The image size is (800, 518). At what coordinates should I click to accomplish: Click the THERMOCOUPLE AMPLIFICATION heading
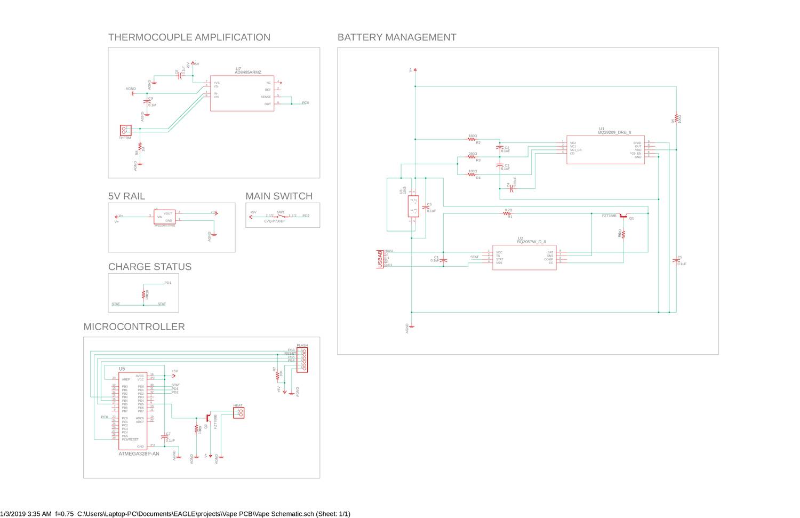(x=189, y=37)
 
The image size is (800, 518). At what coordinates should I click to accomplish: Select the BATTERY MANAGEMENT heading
(x=397, y=37)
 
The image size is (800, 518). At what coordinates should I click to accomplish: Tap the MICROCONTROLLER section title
(x=134, y=326)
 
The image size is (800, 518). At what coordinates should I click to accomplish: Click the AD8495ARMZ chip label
(x=248, y=72)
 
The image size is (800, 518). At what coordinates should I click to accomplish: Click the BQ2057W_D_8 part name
(x=531, y=242)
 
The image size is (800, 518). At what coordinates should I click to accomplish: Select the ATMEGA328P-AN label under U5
(x=139, y=454)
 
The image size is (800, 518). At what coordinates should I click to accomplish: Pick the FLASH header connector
(x=302, y=358)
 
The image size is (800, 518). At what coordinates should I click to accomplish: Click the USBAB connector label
(x=380, y=259)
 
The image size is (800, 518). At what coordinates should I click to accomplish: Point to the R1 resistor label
(x=510, y=217)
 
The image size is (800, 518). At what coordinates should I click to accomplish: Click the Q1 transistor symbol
(x=623, y=216)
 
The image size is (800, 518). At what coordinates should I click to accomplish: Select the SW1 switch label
(x=281, y=212)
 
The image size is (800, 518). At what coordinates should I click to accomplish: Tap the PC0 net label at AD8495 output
(x=305, y=102)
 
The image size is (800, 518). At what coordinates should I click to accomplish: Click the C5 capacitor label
(x=679, y=258)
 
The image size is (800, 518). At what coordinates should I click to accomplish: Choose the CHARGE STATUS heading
(x=149, y=267)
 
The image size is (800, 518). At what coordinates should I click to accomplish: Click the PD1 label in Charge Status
(x=167, y=283)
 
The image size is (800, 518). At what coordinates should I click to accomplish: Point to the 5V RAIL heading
(x=126, y=196)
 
